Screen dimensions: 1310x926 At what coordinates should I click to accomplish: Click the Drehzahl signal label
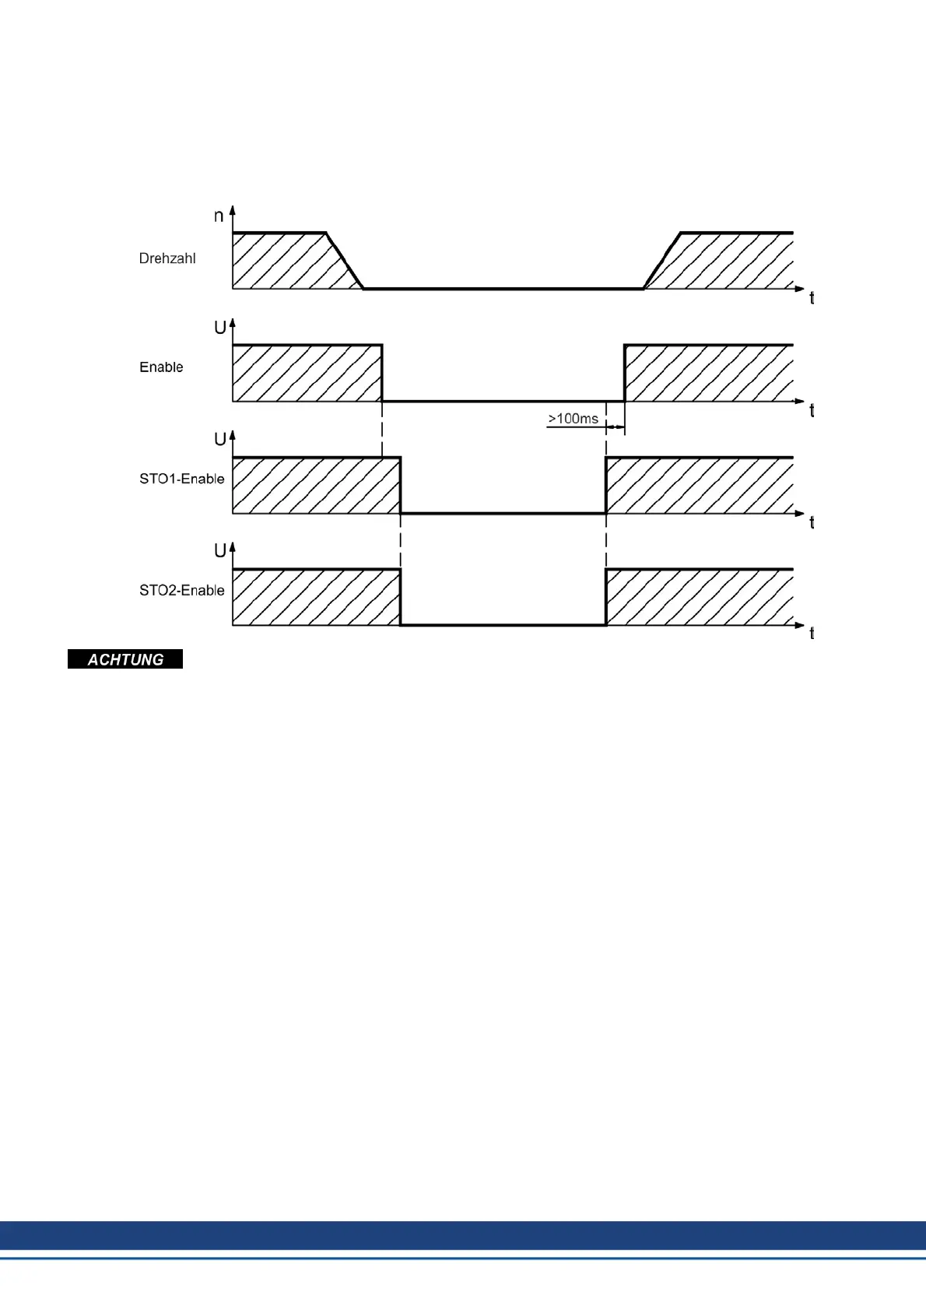point(167,258)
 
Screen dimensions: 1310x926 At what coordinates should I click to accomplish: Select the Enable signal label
point(161,367)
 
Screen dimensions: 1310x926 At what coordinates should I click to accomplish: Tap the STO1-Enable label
point(181,479)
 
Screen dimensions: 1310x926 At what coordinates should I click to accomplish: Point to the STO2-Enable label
point(181,591)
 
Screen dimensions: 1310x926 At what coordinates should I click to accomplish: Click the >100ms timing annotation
point(573,419)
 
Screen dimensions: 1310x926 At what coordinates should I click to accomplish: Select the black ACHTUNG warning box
point(125,659)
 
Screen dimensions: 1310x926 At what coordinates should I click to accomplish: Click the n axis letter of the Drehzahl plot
point(219,216)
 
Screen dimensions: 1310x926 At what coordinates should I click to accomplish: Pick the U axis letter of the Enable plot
point(220,328)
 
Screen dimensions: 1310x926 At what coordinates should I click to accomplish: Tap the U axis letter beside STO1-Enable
point(220,440)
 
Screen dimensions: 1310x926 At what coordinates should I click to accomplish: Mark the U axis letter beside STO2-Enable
point(220,551)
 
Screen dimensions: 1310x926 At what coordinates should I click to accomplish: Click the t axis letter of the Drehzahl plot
point(812,298)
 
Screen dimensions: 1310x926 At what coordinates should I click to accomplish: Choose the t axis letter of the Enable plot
point(812,411)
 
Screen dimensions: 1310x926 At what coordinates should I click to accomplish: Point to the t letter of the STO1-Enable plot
point(812,523)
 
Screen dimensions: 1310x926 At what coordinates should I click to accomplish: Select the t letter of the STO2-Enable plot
point(812,634)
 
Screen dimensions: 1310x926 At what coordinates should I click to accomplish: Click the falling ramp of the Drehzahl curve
point(345,261)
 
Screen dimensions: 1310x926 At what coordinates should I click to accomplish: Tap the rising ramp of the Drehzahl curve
point(662,261)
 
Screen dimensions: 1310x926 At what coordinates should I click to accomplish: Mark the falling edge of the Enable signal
point(382,373)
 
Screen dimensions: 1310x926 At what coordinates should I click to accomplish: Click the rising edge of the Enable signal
point(624,373)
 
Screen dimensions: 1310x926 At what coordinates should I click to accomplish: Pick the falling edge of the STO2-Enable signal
point(400,597)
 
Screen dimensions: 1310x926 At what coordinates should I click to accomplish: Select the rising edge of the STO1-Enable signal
point(606,485)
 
